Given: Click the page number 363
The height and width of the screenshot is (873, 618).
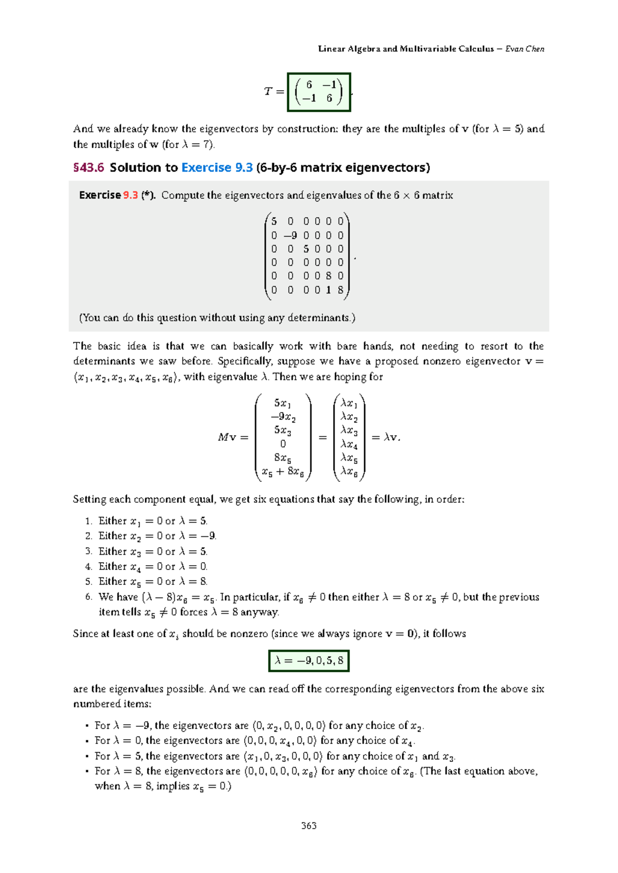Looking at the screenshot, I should [308, 826].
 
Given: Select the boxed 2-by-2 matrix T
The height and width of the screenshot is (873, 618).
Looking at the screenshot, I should [319, 92].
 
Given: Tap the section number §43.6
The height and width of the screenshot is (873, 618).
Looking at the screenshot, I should [89, 168].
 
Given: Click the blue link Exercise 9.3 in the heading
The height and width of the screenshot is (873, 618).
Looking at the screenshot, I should [217, 168].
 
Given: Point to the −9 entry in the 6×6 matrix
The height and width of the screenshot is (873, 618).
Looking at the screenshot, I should [290, 235].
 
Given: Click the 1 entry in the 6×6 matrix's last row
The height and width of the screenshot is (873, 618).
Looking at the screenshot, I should [329, 290].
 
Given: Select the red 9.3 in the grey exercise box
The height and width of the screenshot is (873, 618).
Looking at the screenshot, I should [130, 195].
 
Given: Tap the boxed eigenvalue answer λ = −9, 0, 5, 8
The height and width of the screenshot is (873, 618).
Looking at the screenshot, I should [308, 661].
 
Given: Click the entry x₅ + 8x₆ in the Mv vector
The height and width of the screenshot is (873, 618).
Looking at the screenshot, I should [283, 471].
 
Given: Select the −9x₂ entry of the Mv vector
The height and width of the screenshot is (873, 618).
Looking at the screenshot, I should [283, 417].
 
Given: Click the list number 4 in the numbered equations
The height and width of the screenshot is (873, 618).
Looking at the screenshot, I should [88, 567].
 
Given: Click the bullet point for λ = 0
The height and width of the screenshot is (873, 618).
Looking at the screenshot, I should [88, 741].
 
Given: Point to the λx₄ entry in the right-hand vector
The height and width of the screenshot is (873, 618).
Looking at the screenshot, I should [349, 444].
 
